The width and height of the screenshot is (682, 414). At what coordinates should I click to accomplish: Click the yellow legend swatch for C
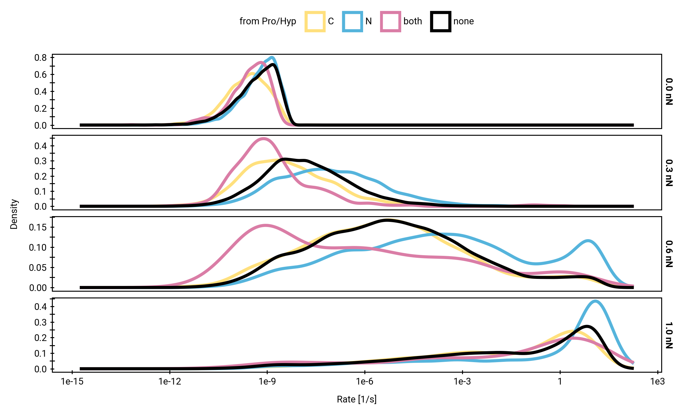[x=315, y=21]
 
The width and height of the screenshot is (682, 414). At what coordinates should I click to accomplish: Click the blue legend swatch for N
[x=352, y=21]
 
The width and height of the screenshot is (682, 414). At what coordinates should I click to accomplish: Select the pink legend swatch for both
[x=390, y=21]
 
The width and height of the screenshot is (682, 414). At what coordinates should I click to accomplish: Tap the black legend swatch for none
[x=441, y=21]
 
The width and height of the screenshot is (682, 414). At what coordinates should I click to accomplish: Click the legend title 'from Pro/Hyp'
[x=268, y=21]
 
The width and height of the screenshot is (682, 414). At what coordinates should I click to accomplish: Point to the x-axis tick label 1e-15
[x=72, y=381]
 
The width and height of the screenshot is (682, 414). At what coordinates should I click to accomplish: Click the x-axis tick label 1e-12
[x=170, y=381]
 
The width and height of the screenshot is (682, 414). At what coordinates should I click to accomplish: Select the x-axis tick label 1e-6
[x=365, y=381]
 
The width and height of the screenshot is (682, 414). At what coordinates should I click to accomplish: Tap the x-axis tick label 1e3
[x=657, y=381]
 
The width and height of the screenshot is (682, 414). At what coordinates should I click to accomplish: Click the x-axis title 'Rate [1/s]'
[x=357, y=399]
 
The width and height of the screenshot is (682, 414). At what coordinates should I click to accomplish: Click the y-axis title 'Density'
[x=14, y=214]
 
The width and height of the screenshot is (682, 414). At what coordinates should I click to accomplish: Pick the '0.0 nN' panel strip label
[x=669, y=92]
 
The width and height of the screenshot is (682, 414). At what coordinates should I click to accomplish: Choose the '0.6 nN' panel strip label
[x=669, y=254]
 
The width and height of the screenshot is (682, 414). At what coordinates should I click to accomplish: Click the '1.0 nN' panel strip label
[x=669, y=335]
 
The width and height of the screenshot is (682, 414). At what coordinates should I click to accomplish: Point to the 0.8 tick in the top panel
[x=41, y=58]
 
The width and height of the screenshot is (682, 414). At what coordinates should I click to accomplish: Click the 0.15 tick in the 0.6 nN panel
[x=38, y=227]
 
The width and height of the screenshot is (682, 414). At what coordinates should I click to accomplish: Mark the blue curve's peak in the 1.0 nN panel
[x=595, y=301]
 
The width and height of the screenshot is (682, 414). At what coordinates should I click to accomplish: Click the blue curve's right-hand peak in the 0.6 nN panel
[x=588, y=240]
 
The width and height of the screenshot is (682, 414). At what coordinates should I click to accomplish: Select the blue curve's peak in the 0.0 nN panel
[x=272, y=58]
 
